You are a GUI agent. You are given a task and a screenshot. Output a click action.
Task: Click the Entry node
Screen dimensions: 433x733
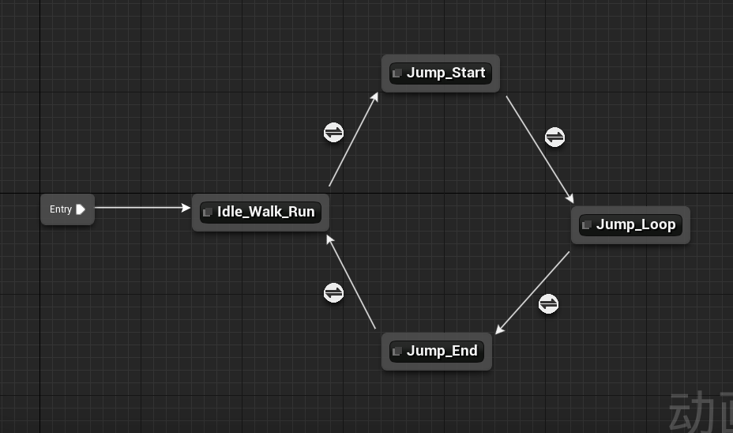tap(67, 209)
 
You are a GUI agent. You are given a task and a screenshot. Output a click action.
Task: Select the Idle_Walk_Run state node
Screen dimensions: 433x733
tap(261, 213)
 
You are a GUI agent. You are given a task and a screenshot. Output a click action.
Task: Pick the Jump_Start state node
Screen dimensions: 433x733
tap(441, 73)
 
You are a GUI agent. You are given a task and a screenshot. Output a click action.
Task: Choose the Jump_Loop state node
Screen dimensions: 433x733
tap(630, 225)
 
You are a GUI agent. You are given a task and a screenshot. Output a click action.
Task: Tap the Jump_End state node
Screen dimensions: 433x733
tap(437, 352)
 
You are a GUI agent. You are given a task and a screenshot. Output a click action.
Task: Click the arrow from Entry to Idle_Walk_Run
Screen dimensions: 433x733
tap(142, 208)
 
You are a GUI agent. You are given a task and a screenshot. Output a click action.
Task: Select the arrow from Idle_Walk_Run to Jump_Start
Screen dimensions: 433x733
tap(353, 140)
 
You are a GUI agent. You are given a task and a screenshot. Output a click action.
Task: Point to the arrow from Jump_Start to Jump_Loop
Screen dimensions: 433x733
tap(539, 149)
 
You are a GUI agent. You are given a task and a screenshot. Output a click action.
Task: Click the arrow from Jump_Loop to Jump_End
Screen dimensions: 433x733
tap(533, 292)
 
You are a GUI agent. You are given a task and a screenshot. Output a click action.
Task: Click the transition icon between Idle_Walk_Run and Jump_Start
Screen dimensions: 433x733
tap(334, 132)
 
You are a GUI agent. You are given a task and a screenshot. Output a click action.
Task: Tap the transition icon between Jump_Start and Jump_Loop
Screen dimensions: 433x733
tap(555, 137)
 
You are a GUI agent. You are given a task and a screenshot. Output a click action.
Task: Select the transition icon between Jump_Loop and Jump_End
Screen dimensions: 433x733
tap(548, 303)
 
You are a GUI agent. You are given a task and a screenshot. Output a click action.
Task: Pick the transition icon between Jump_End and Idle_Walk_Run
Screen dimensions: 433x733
tap(334, 293)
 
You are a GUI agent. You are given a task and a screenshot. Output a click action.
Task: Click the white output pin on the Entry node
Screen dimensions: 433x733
tap(81, 209)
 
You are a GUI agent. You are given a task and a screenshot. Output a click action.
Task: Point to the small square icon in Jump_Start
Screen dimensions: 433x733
tap(397, 73)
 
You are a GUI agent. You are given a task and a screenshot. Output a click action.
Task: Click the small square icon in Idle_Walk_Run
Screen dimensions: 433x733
tap(208, 213)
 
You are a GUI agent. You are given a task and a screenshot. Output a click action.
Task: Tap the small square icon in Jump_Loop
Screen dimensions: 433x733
tap(586, 225)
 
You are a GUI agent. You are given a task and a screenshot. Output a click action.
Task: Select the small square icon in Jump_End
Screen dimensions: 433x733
tap(397, 352)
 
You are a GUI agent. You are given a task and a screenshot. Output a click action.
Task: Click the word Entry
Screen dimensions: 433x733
tap(61, 209)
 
